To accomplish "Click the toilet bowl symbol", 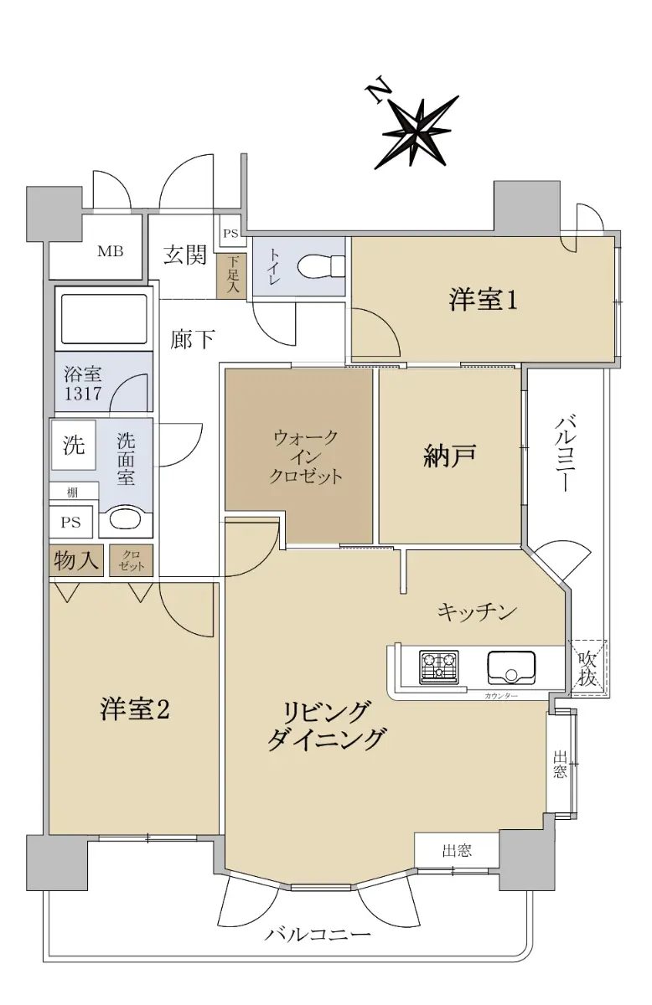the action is click(321, 267).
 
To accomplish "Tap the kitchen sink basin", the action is click(511, 667).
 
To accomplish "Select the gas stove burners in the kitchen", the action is click(438, 667).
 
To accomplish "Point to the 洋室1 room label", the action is click(483, 300).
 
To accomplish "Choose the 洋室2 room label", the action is click(135, 709).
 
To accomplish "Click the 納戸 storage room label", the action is click(449, 456).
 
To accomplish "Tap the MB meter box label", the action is click(111, 251).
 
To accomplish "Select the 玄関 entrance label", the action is click(184, 255).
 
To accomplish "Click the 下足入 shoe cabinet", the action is click(231, 276).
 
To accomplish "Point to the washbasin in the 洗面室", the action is click(125, 520).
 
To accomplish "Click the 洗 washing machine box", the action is click(73, 445).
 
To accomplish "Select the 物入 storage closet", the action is click(76, 560).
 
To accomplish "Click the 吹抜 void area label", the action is click(587, 668).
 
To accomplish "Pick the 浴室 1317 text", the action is click(83, 384).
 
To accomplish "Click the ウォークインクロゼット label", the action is click(306, 456).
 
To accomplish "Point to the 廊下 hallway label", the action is click(192, 340).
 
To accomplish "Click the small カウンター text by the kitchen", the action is click(501, 696).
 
